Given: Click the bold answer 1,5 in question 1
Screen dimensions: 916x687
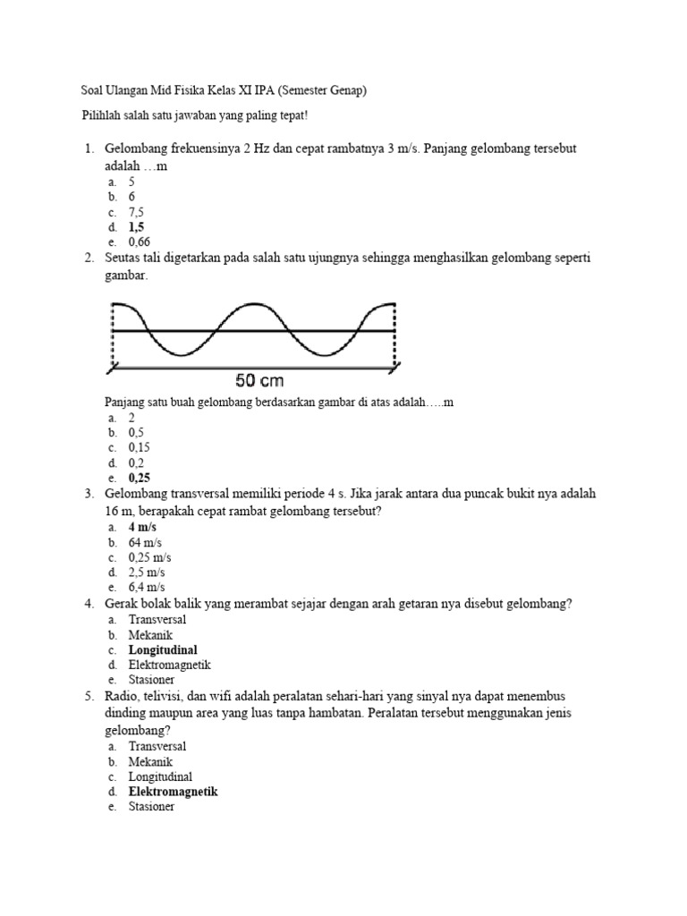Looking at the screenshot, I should [137, 227].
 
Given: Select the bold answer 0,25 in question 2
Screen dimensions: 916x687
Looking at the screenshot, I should [140, 478].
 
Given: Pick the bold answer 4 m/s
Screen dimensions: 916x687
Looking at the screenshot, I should [143, 528].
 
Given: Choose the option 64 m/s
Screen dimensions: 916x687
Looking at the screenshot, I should [145, 543].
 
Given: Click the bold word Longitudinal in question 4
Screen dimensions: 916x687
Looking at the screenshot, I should [163, 650].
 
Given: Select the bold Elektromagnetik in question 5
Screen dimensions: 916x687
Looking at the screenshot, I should [173, 792].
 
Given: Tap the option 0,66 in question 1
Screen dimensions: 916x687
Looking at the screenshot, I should [139, 242].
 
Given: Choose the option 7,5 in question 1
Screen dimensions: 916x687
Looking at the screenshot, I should [137, 212].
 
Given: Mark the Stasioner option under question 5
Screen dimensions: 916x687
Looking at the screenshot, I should [152, 807].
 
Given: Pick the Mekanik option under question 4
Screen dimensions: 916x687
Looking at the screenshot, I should [150, 635].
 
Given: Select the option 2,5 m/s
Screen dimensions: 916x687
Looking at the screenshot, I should [146, 572].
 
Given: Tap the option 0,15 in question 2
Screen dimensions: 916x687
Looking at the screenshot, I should [140, 447].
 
